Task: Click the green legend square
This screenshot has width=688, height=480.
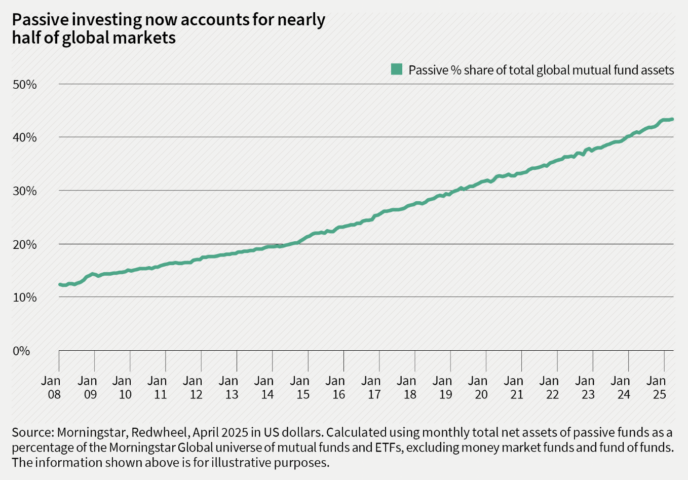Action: [396, 69]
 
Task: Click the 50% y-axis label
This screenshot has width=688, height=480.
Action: [24, 84]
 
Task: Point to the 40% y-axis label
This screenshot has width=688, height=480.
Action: [24, 137]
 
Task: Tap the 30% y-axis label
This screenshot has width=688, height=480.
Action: [24, 191]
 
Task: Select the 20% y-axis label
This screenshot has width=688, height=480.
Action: [24, 244]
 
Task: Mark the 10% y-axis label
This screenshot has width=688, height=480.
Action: [24, 298]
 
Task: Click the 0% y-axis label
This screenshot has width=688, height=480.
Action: [21, 351]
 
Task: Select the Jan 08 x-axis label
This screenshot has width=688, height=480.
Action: [51, 387]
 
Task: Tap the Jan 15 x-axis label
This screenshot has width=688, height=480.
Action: [300, 387]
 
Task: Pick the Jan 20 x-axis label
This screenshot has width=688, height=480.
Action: [478, 387]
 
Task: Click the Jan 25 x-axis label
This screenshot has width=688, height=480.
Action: [657, 387]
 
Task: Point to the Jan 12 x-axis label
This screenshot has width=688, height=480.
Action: [194, 387]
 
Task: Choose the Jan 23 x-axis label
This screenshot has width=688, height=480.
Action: [585, 387]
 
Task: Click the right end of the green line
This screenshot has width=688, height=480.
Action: [672, 119]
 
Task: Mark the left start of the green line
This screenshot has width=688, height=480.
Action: [60, 284]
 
